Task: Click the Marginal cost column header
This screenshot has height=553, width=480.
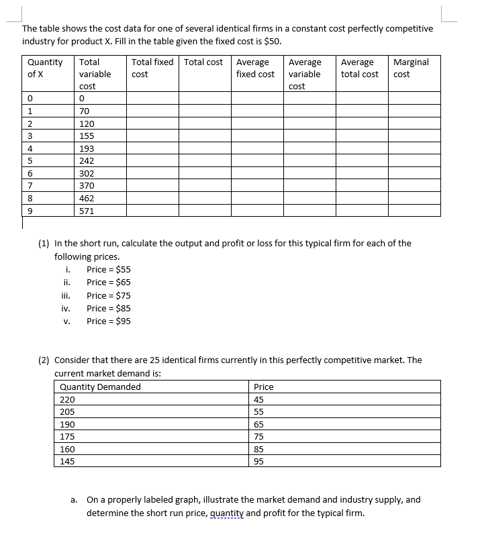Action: click(x=410, y=68)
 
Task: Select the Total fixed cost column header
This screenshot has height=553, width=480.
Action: click(x=152, y=68)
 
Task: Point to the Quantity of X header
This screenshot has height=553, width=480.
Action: click(x=44, y=68)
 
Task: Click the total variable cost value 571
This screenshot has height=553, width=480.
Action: click(x=87, y=211)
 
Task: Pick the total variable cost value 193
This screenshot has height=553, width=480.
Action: click(x=87, y=148)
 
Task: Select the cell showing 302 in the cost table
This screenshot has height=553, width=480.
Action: click(x=87, y=173)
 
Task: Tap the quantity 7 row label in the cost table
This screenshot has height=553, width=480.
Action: click(x=30, y=185)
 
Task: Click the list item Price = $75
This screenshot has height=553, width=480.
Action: click(x=108, y=295)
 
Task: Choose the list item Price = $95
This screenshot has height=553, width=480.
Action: click(x=108, y=321)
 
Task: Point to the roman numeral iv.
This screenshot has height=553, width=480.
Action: click(x=66, y=309)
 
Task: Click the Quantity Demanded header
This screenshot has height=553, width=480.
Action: click(x=100, y=387)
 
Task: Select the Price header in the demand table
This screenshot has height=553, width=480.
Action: click(x=263, y=387)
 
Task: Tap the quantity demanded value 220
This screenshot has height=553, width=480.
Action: click(x=67, y=399)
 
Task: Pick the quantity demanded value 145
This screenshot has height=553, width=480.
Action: click(x=67, y=462)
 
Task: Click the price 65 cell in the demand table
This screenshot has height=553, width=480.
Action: click(x=258, y=424)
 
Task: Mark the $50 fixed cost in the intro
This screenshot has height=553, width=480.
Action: click(x=272, y=41)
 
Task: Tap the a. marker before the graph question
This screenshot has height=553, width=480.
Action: click(x=74, y=500)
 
